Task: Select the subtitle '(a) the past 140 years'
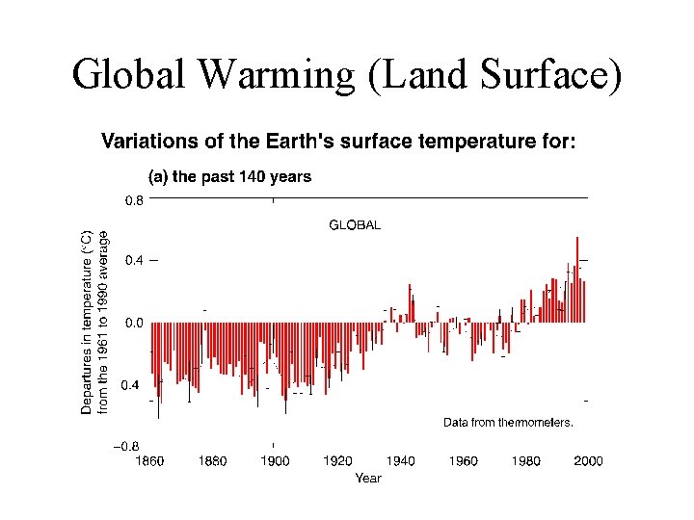coord(228,177)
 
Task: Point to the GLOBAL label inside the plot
coord(355,225)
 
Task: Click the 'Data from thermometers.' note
coord(508,422)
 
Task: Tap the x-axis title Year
coord(367,478)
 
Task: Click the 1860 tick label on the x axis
coord(149,461)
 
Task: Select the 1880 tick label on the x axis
coord(212,461)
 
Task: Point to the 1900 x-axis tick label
coord(276,461)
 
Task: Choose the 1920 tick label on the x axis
coord(338,461)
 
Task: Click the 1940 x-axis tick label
coord(401,461)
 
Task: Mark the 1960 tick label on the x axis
coord(464,461)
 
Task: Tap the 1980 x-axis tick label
coord(526,461)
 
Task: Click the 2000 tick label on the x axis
coord(588,461)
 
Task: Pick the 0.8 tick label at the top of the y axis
coord(133,202)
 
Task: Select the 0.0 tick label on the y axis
coord(133,323)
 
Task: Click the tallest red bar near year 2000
coord(577,279)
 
